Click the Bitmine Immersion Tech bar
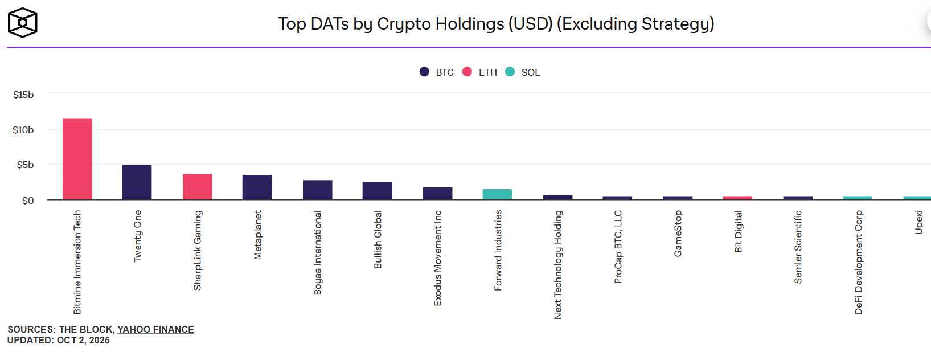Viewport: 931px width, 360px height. tap(77, 159)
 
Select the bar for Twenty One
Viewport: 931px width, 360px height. tap(137, 182)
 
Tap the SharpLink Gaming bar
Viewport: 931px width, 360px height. tap(198, 187)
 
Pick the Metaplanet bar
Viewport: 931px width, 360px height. tap(257, 187)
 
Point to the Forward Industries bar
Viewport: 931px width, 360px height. tap(498, 194)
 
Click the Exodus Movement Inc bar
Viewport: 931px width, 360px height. tap(438, 194)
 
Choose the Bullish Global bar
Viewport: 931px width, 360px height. tap(378, 191)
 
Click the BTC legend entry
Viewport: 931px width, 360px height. tap(437, 72)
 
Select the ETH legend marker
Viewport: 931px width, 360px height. tap(467, 72)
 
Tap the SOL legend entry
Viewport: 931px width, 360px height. tap(523, 72)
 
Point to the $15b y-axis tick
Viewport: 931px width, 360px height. tap(23, 95)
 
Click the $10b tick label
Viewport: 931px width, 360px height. tap(23, 130)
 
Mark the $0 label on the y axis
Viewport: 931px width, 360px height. tap(28, 201)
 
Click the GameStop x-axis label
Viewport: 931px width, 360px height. tap(678, 234)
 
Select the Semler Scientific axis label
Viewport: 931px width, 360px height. tap(798, 247)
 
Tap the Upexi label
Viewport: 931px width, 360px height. tap(918, 222)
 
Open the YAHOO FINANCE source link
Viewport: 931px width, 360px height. tap(155, 329)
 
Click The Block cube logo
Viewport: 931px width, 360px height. tap(23, 23)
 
